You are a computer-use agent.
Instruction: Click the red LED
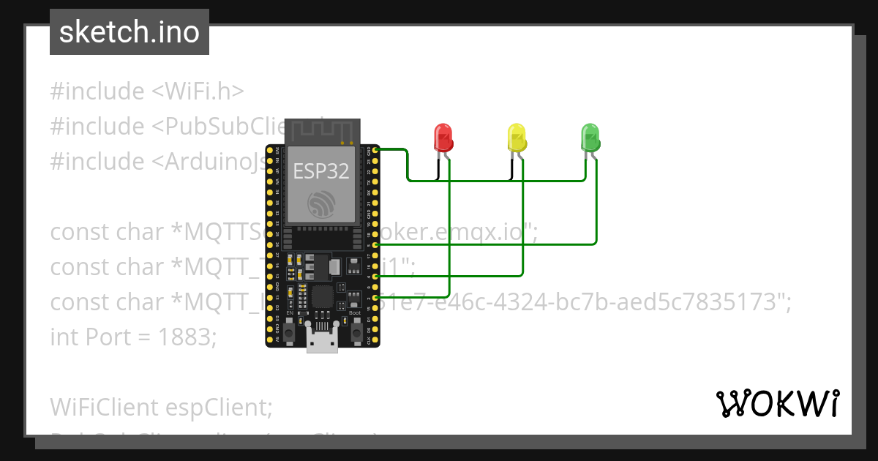pyautogui.click(x=443, y=138)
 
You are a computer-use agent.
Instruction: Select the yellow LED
pyautogui.click(x=517, y=138)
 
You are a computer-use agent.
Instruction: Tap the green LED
pyautogui.click(x=590, y=138)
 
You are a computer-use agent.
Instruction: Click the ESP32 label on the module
pyautogui.click(x=321, y=171)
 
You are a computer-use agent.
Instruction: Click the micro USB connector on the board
pyautogui.click(x=322, y=342)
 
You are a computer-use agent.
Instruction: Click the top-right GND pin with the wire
pyautogui.click(x=376, y=149)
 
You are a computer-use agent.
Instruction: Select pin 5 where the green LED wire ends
pyautogui.click(x=376, y=244)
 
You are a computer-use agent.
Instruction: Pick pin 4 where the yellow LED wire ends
pyautogui.click(x=376, y=277)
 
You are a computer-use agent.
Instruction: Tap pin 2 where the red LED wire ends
pyautogui.click(x=376, y=299)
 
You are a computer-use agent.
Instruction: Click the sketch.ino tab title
pyautogui.click(x=130, y=32)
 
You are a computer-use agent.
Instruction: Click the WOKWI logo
pyautogui.click(x=777, y=403)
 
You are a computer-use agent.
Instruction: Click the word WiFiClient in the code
pyautogui.click(x=105, y=407)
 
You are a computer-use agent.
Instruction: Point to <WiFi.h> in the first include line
pyautogui.click(x=198, y=91)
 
